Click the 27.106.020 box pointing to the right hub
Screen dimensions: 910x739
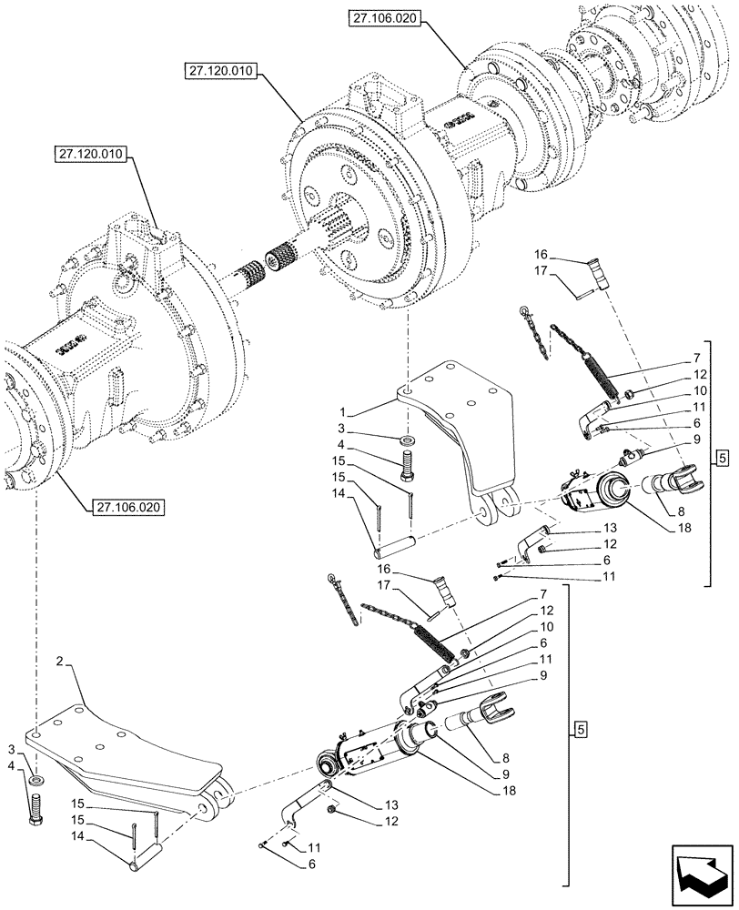(384, 19)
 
